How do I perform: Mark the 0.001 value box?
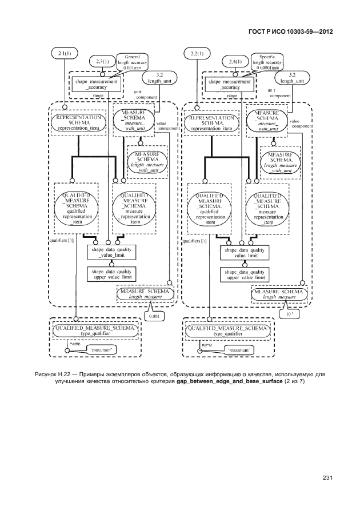154,315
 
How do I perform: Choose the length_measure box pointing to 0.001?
145,294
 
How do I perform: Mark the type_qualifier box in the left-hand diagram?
94,332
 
